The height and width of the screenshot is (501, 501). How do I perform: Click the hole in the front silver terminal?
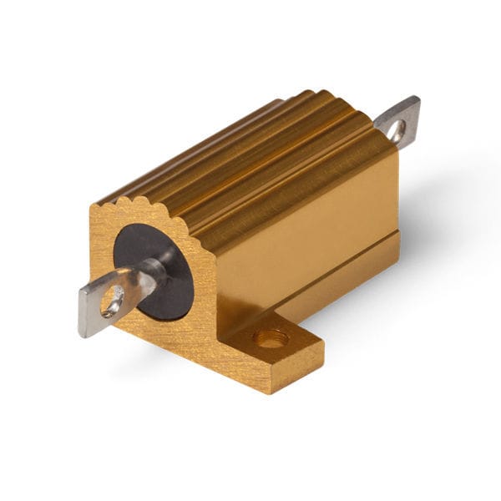[x=111, y=301]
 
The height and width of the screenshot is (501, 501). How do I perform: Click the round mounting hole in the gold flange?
[x=271, y=339]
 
